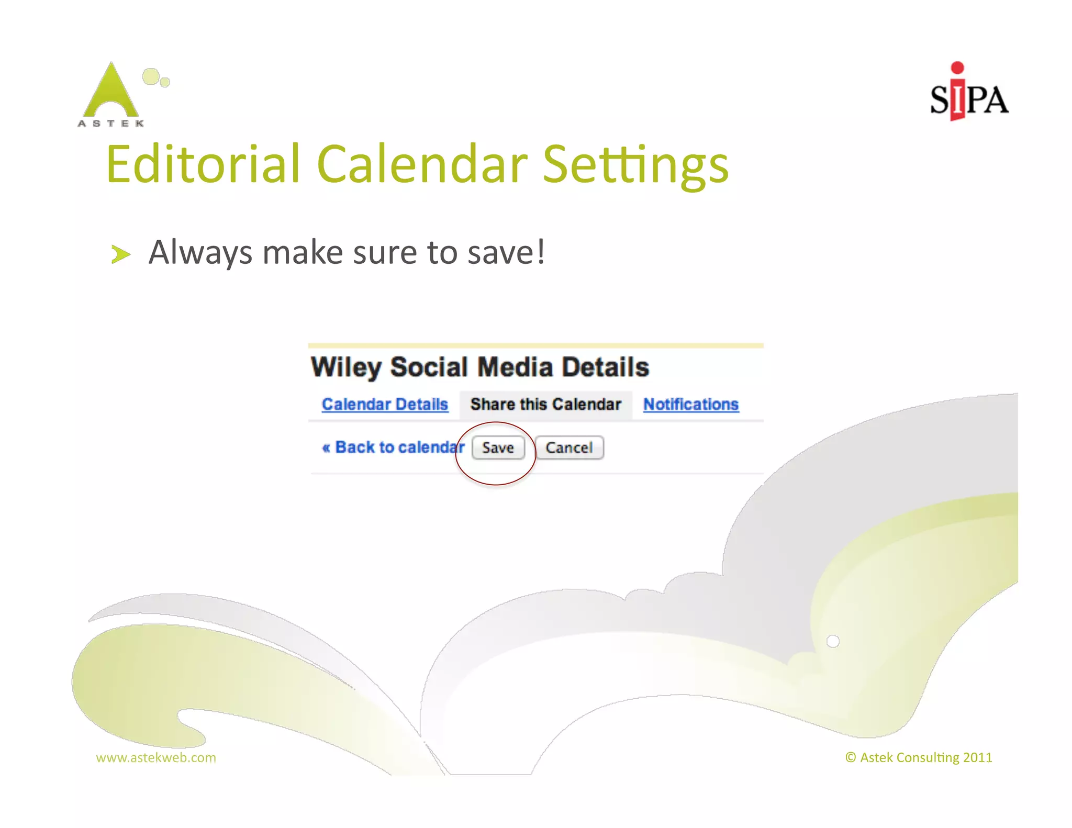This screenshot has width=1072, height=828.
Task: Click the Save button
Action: (498, 447)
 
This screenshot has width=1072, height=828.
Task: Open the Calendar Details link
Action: (385, 404)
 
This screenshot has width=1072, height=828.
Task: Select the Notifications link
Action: (690, 404)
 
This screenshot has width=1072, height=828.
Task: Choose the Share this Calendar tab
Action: (545, 404)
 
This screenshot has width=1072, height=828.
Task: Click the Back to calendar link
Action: (394, 447)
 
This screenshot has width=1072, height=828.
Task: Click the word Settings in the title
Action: (635, 165)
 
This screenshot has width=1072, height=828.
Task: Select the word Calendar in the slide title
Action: (422, 164)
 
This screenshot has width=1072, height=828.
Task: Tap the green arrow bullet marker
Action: (120, 254)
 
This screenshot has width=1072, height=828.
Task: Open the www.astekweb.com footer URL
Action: (156, 757)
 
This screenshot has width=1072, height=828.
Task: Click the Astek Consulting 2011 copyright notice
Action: (919, 757)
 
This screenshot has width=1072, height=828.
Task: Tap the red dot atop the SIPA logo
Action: (957, 68)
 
